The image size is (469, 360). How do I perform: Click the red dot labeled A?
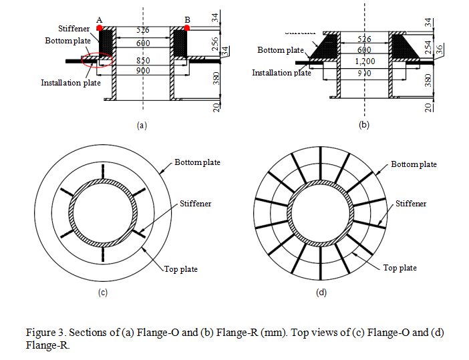tap(100, 28)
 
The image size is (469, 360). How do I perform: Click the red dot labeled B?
tap(186, 28)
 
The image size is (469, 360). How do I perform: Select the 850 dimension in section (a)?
tap(142, 60)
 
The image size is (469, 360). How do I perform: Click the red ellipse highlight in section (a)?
tap(97, 60)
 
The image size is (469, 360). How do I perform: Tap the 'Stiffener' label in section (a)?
tap(74, 29)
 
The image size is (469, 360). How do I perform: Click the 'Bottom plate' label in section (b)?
tap(281, 50)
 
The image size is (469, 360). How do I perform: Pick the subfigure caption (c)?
tap(103, 292)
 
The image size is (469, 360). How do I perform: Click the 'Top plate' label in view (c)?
tap(181, 269)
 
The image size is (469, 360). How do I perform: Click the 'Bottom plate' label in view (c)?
tap(197, 162)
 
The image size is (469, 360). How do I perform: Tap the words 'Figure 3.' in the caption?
tap(45, 333)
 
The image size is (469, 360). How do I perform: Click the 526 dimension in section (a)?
tap(142, 30)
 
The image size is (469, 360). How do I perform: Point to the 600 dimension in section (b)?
tap(363, 49)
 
